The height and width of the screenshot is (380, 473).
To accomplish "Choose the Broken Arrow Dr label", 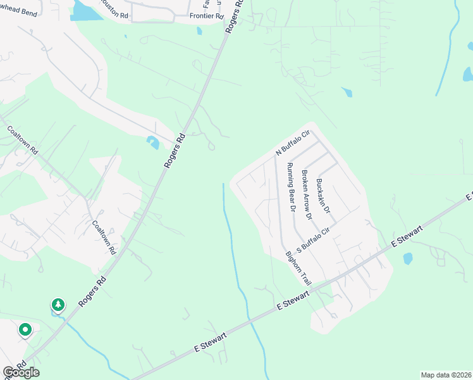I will [307, 194].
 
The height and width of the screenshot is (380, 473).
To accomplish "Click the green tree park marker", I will [58, 305].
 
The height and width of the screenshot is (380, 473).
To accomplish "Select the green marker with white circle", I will [25, 329].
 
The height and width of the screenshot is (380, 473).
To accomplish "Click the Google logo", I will [21, 372].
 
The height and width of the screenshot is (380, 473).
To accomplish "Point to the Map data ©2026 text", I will [446, 375].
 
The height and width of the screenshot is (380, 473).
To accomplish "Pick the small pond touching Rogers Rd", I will [154, 142].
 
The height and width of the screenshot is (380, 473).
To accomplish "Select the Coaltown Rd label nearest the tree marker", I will [104, 237].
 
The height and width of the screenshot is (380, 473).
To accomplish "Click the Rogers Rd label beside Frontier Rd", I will [233, 16].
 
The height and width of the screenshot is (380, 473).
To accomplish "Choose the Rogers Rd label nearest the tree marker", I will [92, 291].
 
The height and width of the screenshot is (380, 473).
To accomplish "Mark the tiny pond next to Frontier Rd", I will [199, 30].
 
